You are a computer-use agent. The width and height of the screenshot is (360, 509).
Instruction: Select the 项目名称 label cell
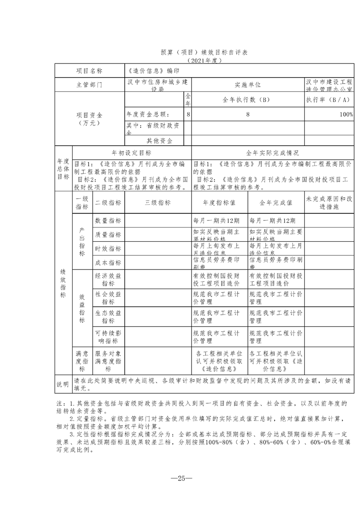pos(89,71)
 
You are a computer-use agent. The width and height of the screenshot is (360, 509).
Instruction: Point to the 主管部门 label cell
pos(89,85)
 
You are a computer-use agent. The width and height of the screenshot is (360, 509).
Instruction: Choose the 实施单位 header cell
pos(247,85)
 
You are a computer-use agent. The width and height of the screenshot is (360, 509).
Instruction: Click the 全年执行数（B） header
pos(247,100)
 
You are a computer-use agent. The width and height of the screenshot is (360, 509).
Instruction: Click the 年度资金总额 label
pos(148,115)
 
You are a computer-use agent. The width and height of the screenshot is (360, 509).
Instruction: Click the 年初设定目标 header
pos(132,153)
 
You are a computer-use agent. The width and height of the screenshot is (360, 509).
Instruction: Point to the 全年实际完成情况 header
pos(272,153)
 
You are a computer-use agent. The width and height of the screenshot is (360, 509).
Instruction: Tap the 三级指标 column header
pos(158,203)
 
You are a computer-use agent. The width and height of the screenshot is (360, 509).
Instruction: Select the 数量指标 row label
pos(108,220)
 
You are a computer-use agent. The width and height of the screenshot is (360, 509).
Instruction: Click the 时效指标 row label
pos(108,249)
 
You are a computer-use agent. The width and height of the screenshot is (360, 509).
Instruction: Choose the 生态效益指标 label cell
pos(108,316)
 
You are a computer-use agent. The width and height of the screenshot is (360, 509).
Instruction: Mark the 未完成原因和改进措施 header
pos(329,203)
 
